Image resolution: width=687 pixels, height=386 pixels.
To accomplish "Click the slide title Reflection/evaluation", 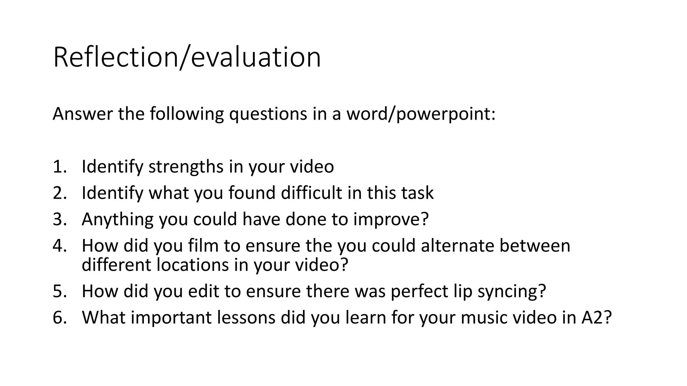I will [187, 58].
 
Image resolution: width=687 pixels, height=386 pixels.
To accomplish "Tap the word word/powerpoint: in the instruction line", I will [421, 114].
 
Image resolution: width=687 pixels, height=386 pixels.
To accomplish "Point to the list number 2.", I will [59, 193].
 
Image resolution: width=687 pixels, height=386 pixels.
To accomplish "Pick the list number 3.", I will [59, 219].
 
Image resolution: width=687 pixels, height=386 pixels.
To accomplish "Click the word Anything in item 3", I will [117, 220].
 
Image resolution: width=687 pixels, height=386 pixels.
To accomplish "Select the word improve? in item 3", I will [391, 220].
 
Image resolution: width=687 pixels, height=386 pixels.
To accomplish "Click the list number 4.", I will [59, 246].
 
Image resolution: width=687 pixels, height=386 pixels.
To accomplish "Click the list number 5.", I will [59, 291].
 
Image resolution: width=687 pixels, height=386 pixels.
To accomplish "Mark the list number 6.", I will [59, 317].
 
